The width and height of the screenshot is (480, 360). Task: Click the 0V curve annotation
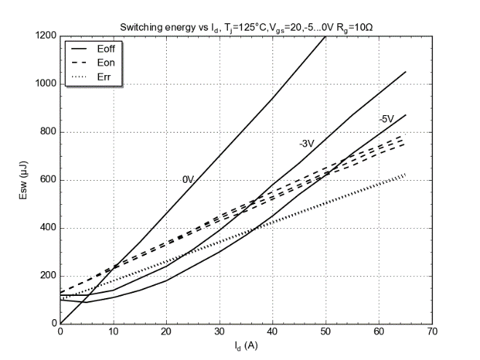[188, 179]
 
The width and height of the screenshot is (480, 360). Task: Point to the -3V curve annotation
[306, 144]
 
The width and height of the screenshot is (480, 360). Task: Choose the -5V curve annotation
[386, 119]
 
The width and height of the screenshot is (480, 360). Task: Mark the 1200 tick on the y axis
[46, 36]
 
